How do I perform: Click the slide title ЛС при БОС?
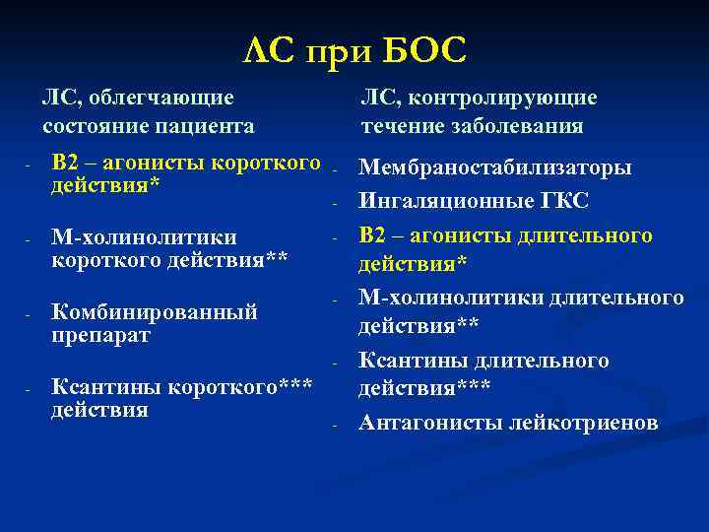[x=354, y=49]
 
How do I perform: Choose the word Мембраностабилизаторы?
[x=495, y=167]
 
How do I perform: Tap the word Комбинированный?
[x=154, y=312]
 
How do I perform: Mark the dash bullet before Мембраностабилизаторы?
[x=335, y=169]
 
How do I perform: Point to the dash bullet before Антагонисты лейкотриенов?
[x=335, y=425]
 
